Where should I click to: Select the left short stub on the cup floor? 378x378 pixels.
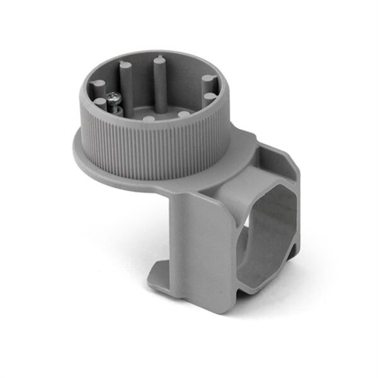pyautogui.click(x=147, y=118)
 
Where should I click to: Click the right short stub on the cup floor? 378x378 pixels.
pyautogui.click(x=183, y=114)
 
